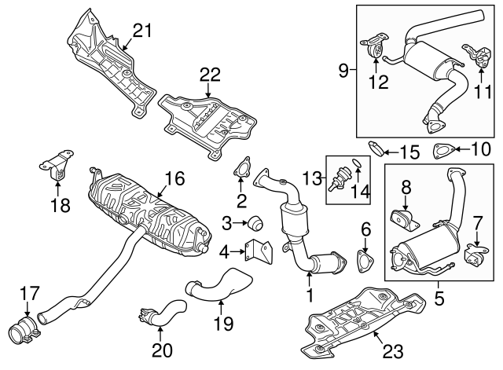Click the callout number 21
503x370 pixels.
(x=141, y=31)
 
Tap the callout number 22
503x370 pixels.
(x=209, y=75)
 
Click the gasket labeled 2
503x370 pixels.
(x=240, y=167)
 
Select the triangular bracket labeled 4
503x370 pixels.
(x=256, y=252)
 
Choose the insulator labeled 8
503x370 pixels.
(x=402, y=219)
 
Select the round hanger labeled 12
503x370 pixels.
(x=376, y=48)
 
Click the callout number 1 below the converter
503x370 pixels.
(x=310, y=296)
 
